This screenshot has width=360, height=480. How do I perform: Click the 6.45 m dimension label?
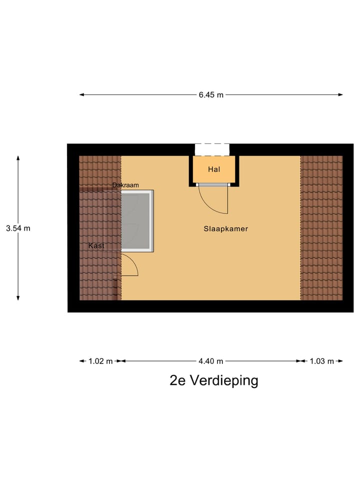coord(210,95)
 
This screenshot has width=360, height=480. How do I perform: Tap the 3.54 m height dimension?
coord(18,228)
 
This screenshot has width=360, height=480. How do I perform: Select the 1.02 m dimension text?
coord(100,361)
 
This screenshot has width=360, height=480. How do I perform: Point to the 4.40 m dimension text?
coord(210,361)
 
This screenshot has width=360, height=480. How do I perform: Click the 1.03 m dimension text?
coord(321,361)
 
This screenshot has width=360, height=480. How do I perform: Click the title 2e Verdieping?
coord(214,381)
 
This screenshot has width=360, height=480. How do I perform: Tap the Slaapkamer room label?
coord(225,229)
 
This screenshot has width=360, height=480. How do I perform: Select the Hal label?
coord(214,169)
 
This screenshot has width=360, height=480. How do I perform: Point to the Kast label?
coord(96,245)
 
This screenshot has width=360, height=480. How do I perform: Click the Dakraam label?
coord(125,185)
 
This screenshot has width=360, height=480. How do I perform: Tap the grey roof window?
coord(136,220)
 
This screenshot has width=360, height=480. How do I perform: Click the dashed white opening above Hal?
coord(212,149)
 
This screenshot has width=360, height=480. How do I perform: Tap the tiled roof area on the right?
coord(321,227)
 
